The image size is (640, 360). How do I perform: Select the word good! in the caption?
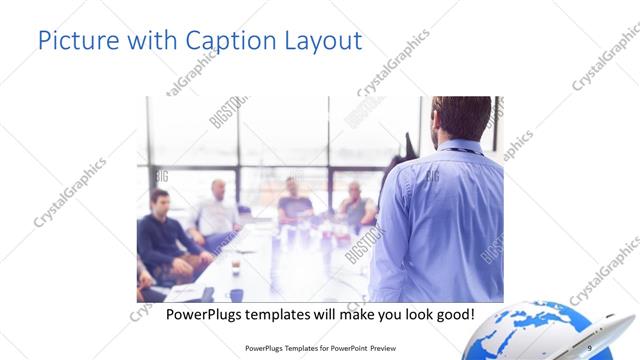click(x=451, y=314)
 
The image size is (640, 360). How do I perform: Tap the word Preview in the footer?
click(x=379, y=348)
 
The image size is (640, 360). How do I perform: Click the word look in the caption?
click(x=410, y=314)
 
